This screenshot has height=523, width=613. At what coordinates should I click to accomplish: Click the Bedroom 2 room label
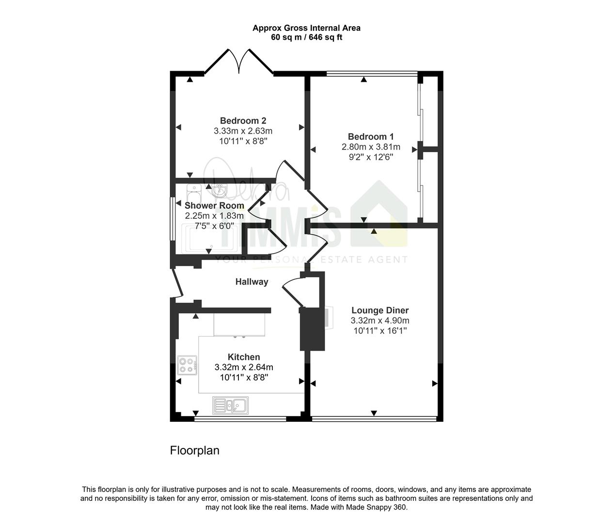point(243,121)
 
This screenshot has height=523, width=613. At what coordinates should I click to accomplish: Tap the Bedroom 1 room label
point(371,137)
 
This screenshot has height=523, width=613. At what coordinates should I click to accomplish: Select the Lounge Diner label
point(380,310)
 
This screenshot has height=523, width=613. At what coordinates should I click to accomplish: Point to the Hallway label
point(252,282)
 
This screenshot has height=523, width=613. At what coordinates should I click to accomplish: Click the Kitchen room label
point(244,357)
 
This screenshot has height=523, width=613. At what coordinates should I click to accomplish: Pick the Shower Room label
point(214,205)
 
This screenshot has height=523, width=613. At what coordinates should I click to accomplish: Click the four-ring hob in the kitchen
point(188,365)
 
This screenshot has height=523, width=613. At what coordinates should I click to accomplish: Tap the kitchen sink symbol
point(231,405)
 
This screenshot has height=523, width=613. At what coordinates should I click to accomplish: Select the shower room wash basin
point(220,190)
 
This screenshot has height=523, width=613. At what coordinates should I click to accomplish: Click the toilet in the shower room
point(194,194)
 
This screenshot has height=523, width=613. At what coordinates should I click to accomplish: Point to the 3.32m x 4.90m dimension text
point(380,320)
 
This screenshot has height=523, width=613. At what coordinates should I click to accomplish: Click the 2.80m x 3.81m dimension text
point(371,147)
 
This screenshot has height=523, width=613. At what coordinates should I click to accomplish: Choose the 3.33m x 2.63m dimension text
point(243,131)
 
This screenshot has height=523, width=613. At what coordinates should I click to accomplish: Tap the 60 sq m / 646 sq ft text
point(307,37)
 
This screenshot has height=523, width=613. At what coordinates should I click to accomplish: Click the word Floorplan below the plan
point(194,450)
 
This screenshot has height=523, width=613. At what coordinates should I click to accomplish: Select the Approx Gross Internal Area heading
point(306,28)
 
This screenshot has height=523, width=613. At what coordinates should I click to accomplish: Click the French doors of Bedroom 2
point(239,62)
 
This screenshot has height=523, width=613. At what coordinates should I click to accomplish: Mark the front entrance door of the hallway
point(177,283)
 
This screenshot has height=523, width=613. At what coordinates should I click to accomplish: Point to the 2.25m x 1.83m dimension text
point(214,215)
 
